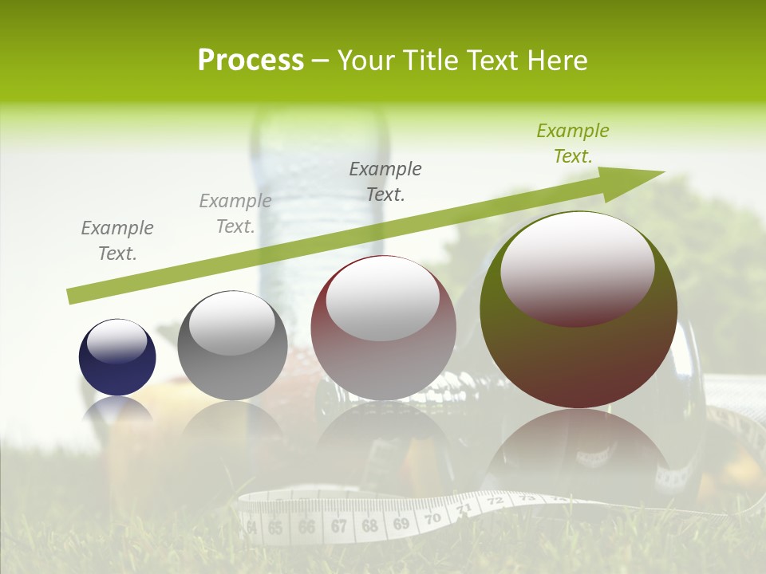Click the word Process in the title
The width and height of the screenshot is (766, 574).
click(x=251, y=61)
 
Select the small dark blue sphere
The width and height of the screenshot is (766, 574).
click(x=117, y=357)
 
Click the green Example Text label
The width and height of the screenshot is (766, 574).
click(x=572, y=143)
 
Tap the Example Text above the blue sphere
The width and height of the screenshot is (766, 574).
click(x=117, y=241)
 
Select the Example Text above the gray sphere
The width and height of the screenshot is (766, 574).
click(x=235, y=214)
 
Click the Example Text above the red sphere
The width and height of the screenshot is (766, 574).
click(x=385, y=181)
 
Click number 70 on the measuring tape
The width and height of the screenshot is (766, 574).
click(x=432, y=519)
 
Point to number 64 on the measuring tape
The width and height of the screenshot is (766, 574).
click(x=252, y=528)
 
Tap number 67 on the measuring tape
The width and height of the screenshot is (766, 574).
click(x=339, y=526)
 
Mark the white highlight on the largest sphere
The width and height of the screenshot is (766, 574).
click(x=577, y=267)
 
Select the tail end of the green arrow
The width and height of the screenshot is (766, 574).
click(x=73, y=296)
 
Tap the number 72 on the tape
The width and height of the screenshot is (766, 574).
click(x=495, y=501)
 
